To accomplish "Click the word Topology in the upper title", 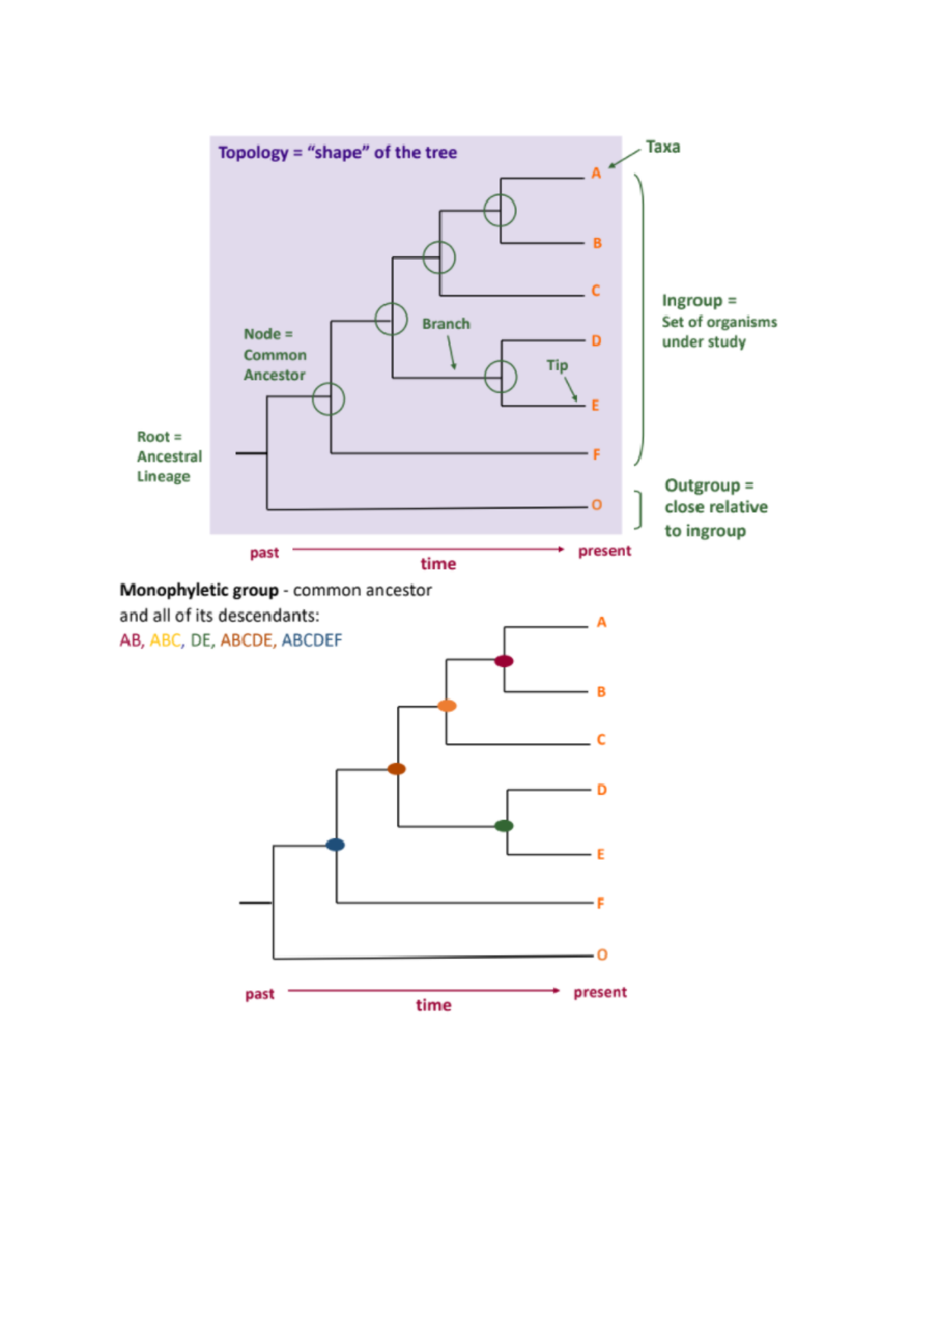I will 253,153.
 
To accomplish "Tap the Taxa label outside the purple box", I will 663,147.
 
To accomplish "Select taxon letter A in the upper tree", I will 596,173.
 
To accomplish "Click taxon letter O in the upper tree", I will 597,505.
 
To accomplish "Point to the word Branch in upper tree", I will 446,324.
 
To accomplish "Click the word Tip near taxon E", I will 557,365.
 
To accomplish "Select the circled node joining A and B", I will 500,210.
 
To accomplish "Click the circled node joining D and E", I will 501,376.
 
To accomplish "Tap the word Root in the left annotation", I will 154,437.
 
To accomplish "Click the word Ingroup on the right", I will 692,301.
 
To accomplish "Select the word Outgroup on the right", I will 702,485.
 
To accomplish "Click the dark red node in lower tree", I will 504,661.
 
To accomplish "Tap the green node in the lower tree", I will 504,825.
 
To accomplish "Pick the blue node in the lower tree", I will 335,844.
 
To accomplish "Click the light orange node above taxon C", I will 446,705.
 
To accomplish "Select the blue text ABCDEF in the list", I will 312,640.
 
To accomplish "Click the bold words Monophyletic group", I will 199,590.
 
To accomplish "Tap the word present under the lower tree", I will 600,992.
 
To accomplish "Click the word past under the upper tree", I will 264,553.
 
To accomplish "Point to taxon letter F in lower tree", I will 601,903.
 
